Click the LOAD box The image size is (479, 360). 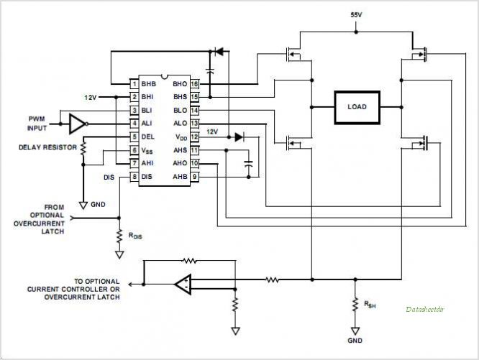click(x=357, y=107)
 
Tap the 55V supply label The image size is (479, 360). click(x=356, y=15)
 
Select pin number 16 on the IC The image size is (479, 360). click(x=195, y=84)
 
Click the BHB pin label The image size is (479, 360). click(x=148, y=84)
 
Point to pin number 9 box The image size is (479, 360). click(x=195, y=177)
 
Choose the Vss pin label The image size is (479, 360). click(x=147, y=150)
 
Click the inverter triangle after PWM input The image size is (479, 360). click(x=78, y=124)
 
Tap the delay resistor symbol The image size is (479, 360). click(x=83, y=148)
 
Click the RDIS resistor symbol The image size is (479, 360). click(x=119, y=236)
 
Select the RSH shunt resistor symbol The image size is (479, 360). click(x=355, y=305)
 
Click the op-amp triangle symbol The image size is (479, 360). click(x=183, y=285)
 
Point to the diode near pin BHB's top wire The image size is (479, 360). click(x=219, y=52)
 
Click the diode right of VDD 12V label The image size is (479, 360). click(x=239, y=137)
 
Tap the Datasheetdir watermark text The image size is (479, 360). click(x=425, y=310)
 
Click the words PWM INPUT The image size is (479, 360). click(x=37, y=124)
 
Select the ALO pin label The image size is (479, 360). click(x=181, y=124)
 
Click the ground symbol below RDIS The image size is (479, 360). click(x=119, y=255)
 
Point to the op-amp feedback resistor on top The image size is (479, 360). click(x=189, y=261)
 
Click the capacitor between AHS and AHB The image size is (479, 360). click(x=249, y=164)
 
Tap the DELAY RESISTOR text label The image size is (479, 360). click(x=47, y=147)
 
